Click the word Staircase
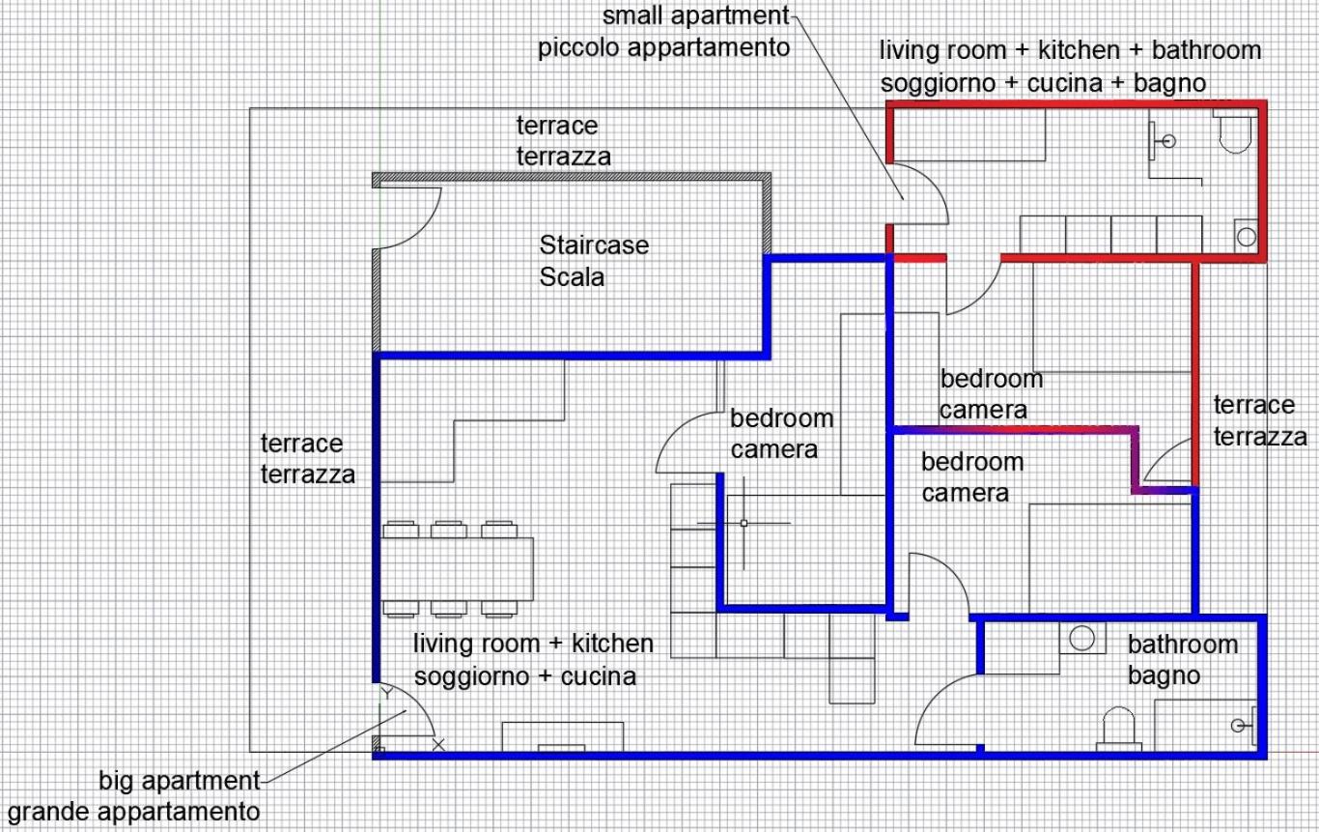click(594, 245)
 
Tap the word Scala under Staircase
click(572, 277)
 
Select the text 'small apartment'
click(695, 15)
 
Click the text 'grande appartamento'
click(133, 812)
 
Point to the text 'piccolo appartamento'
click(663, 47)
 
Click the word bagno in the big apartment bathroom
click(1165, 675)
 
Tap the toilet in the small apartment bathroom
click(1235, 133)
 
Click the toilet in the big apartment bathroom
click(1118, 729)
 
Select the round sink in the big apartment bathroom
click(1081, 638)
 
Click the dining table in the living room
click(457, 568)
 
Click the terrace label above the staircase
click(564, 141)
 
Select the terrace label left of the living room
click(307, 459)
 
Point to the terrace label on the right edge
click(1260, 421)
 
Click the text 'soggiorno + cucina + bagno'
click(1043, 84)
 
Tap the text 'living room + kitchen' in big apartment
click(533, 644)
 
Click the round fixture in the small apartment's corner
click(1247, 237)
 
